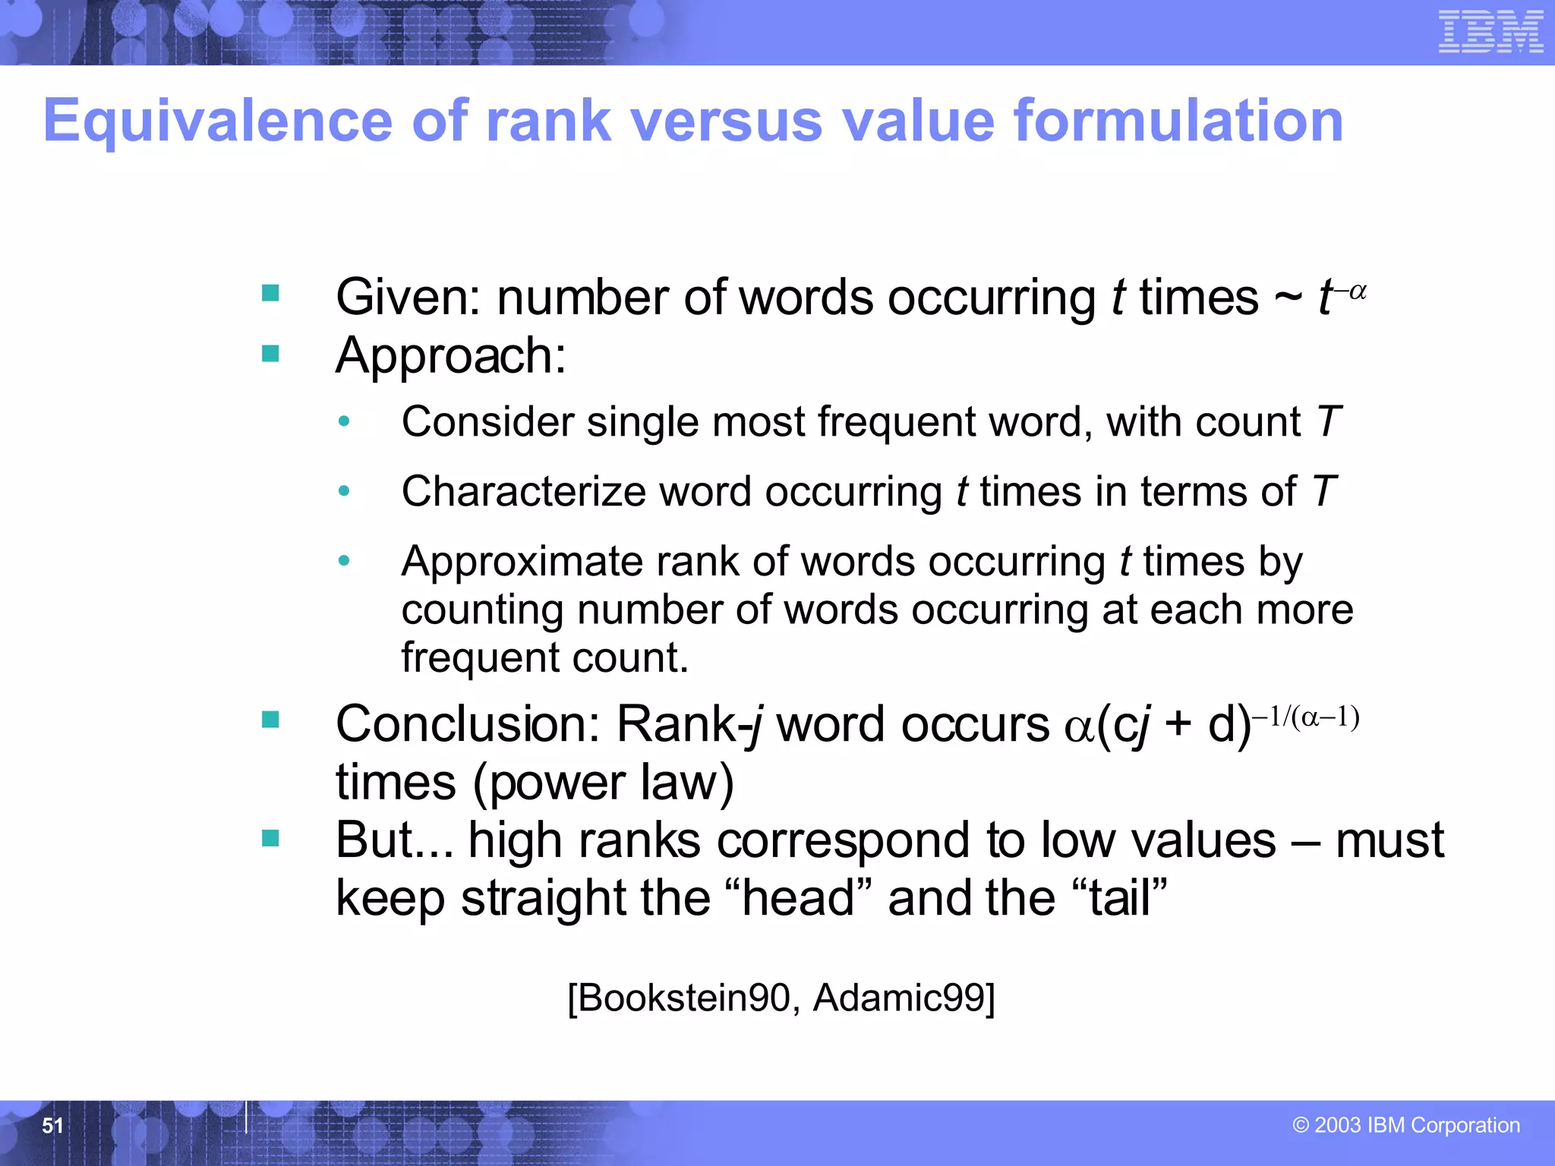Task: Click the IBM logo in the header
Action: pos(1490,32)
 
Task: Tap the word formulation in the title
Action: pos(1178,121)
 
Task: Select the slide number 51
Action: pos(52,1126)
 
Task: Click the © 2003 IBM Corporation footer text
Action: pos(1406,1125)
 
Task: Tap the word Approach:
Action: pos(451,355)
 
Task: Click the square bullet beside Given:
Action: pos(270,293)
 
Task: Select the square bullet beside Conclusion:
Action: pos(270,720)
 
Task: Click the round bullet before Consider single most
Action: pos(344,421)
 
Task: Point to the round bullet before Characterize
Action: pos(344,491)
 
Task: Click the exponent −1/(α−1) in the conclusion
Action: pos(1306,717)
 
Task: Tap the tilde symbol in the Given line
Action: pos(1288,298)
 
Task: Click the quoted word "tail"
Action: pos(1121,898)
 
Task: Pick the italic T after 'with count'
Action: pos(1328,422)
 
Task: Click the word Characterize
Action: pos(524,492)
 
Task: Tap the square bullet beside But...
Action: pos(270,838)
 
